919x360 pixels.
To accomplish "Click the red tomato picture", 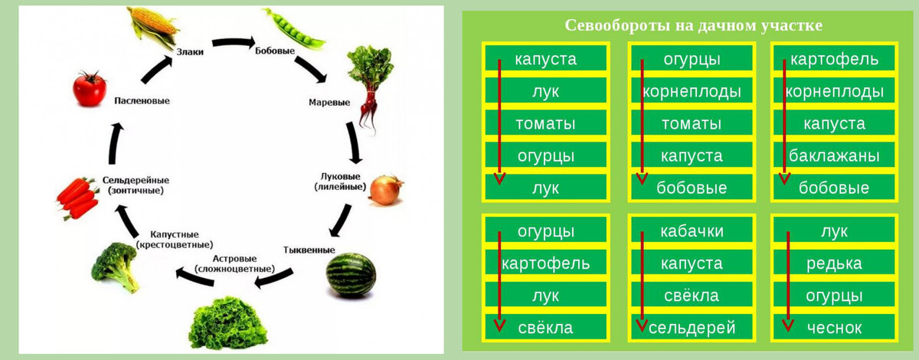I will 90,88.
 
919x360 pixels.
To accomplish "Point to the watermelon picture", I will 352,275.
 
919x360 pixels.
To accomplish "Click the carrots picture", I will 78,198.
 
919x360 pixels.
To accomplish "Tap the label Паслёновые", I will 142,100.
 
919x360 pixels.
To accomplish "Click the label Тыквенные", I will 309,250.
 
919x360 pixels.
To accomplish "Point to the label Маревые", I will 329,102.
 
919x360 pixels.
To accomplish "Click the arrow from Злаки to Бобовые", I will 233,42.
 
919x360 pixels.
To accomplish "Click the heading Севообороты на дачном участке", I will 693,25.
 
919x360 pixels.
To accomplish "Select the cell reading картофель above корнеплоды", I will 834,59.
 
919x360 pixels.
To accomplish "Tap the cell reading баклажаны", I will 834,155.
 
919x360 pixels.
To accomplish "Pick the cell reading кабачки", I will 692,231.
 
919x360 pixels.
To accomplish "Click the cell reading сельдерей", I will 692,328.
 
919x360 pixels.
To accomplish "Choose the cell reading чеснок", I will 834,328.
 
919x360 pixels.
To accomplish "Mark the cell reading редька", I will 834,263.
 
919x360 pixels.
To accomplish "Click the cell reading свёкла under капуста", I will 692,296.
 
